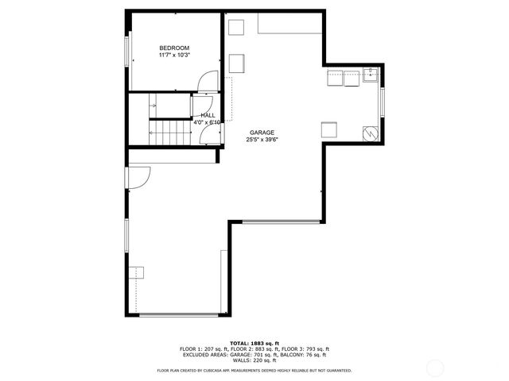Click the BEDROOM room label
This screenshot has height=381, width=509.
[x=174, y=48]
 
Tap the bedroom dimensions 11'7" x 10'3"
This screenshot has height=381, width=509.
[x=174, y=56]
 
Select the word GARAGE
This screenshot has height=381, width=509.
[x=262, y=133]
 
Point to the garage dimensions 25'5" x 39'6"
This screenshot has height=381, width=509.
[x=262, y=140]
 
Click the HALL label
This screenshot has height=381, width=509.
[x=208, y=115]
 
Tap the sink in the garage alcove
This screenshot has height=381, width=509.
[x=371, y=75]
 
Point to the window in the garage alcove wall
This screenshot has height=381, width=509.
[x=383, y=103]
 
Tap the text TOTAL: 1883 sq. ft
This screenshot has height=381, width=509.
[x=254, y=343]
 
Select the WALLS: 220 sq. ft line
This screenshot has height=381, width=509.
[x=254, y=360]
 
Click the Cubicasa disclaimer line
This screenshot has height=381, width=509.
[x=254, y=370]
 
